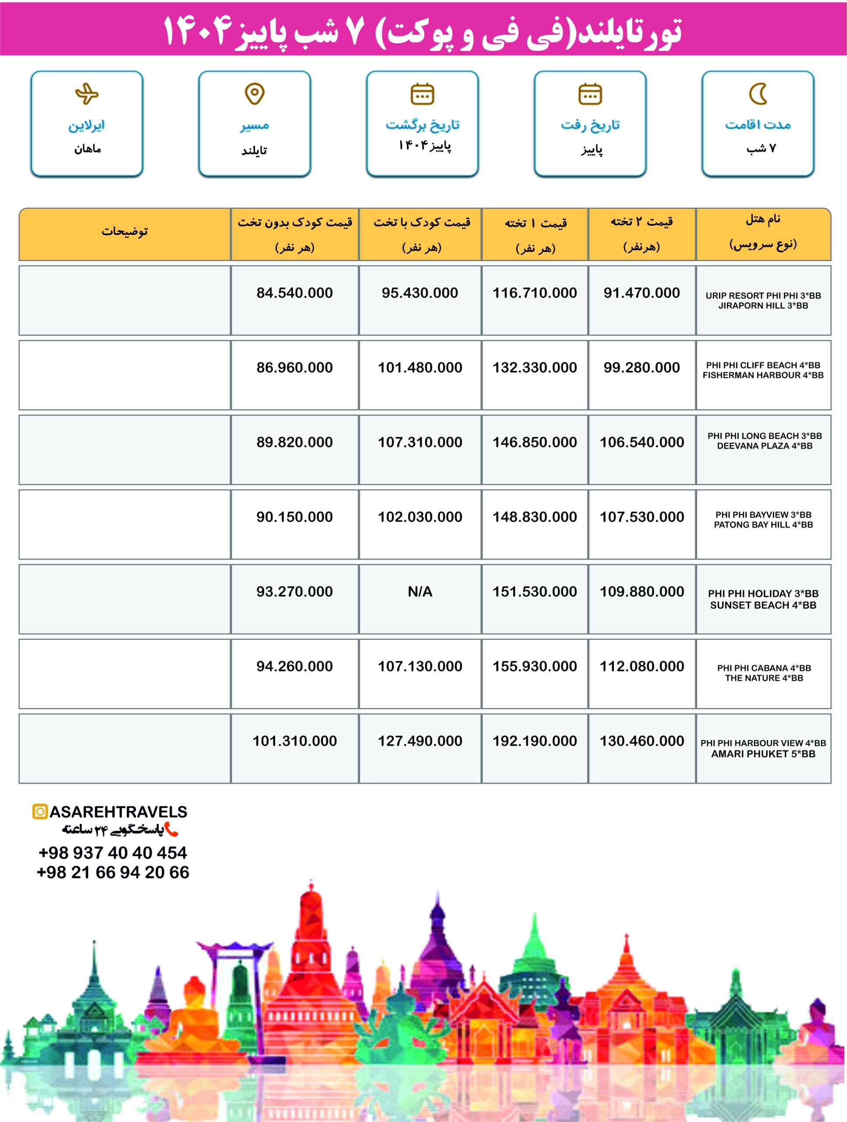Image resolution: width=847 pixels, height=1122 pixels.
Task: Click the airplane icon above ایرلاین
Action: click(x=87, y=94)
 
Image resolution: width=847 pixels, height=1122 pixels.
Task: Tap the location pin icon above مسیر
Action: click(x=255, y=94)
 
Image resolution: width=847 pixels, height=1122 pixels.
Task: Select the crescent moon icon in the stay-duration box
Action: click(x=758, y=94)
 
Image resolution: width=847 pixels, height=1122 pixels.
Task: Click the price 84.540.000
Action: click(x=294, y=293)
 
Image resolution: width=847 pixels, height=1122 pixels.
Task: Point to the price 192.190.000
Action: click(x=535, y=741)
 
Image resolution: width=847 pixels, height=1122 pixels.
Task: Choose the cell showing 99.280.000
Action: click(x=641, y=367)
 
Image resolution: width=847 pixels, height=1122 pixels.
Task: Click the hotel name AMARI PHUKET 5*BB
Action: click(x=763, y=754)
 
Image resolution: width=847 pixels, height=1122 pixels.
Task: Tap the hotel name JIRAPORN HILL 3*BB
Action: click(x=763, y=305)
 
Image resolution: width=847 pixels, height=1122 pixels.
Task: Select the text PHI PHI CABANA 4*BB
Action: click(x=764, y=668)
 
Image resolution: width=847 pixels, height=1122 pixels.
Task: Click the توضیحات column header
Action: click(x=125, y=231)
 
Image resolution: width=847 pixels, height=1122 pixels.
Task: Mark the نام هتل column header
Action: click(x=763, y=219)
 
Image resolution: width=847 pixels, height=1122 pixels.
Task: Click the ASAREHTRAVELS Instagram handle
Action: click(x=118, y=812)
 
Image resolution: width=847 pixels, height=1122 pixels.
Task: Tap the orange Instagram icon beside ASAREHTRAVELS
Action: click(x=39, y=812)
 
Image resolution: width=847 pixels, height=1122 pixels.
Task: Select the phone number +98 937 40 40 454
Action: click(x=113, y=852)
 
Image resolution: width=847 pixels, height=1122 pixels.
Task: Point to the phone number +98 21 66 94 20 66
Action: click(x=113, y=872)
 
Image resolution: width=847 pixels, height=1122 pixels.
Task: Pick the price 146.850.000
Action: click(x=535, y=442)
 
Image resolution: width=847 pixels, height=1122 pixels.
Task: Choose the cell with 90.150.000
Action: click(x=294, y=516)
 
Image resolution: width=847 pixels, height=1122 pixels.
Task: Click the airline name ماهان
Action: click(x=88, y=149)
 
